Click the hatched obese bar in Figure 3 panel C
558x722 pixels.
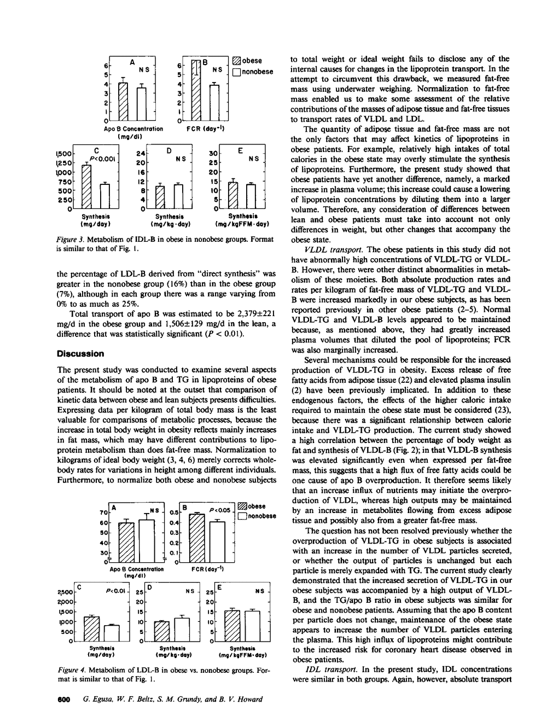click(x=86, y=186)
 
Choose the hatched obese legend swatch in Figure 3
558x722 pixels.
click(x=236, y=61)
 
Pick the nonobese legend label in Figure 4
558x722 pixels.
click(x=262, y=516)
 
